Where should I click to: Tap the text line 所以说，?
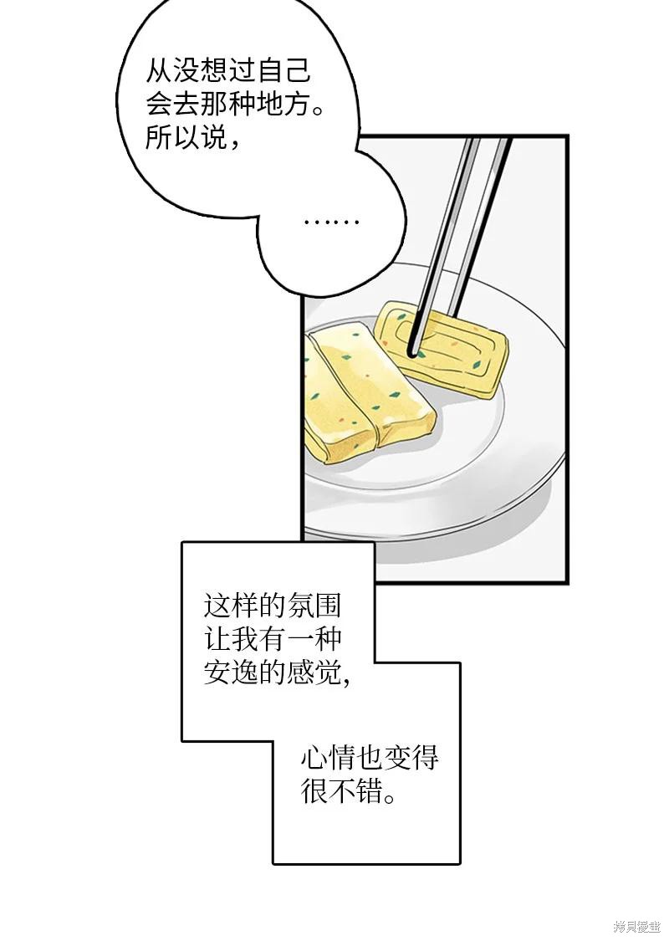(x=193, y=139)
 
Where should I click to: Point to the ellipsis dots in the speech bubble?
(x=331, y=222)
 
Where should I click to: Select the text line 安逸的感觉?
(x=277, y=673)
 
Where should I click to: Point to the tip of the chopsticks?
(x=412, y=351)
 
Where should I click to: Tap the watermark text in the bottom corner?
(x=636, y=927)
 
